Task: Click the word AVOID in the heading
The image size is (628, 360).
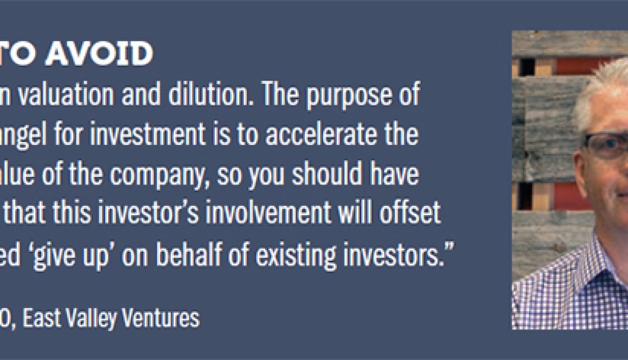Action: click(x=99, y=53)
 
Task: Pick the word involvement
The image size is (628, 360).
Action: click(x=269, y=213)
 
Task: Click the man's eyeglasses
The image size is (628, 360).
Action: click(x=605, y=145)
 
